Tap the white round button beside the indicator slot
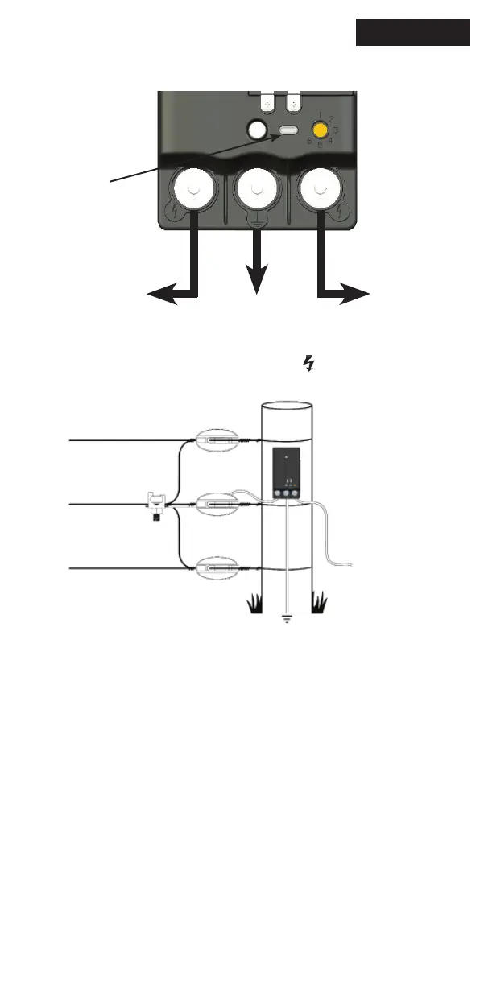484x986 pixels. point(257,129)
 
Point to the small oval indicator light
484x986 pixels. point(289,130)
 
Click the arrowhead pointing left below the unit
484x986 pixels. point(157,295)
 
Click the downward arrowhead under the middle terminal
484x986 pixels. point(257,282)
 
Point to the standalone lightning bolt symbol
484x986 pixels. point(308,365)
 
